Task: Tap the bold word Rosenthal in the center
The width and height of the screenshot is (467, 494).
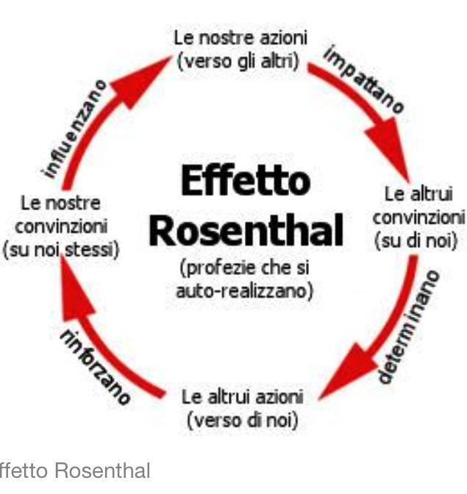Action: (246, 229)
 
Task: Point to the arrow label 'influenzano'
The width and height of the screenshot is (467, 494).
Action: (74, 129)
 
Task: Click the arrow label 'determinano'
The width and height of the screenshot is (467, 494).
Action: (409, 327)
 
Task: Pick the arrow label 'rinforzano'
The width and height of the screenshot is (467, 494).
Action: (94, 368)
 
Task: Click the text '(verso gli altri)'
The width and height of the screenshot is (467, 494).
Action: (238, 61)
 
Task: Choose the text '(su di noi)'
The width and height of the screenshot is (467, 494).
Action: (416, 241)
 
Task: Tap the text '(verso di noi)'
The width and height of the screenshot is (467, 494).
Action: (243, 420)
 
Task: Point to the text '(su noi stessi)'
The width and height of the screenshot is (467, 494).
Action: (61, 250)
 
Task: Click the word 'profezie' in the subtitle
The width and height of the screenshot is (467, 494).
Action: (220, 268)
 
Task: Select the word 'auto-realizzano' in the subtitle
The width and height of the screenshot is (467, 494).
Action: (244, 291)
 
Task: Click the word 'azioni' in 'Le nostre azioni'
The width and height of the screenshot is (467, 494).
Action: (284, 38)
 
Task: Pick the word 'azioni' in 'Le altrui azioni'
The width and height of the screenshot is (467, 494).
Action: (279, 397)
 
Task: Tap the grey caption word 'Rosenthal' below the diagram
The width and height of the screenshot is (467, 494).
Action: (103, 471)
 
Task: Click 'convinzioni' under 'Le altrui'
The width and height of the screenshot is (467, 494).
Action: (419, 218)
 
